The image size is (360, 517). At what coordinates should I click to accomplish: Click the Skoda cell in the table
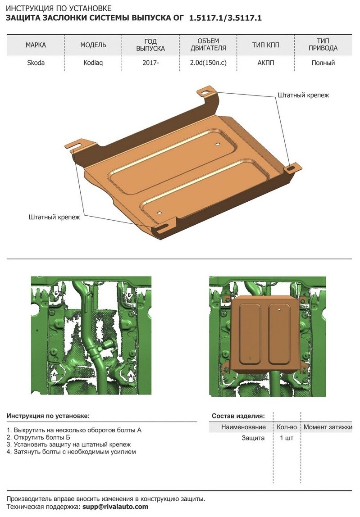click(36, 63)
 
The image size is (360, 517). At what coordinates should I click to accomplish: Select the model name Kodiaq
click(93, 63)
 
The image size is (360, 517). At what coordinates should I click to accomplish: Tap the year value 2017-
click(150, 63)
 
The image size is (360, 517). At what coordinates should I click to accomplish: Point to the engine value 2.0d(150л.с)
click(208, 63)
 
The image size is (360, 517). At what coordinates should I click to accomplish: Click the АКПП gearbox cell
click(266, 63)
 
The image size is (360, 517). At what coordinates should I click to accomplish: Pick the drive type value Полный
click(323, 63)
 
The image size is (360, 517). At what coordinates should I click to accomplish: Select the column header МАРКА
click(36, 45)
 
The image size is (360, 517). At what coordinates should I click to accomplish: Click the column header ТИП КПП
click(266, 45)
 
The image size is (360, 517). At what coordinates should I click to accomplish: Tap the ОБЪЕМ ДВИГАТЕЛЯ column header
click(208, 45)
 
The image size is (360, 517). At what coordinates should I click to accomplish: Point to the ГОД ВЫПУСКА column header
click(150, 45)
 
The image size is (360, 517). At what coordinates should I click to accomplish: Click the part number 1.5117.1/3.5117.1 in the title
click(225, 18)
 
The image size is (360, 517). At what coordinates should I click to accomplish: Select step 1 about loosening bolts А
click(74, 430)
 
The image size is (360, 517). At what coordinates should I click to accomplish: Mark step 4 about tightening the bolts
click(72, 451)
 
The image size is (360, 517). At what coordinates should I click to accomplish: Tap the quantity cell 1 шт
click(286, 438)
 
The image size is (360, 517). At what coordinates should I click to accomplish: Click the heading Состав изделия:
click(238, 416)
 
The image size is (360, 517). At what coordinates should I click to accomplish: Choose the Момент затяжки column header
click(328, 427)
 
